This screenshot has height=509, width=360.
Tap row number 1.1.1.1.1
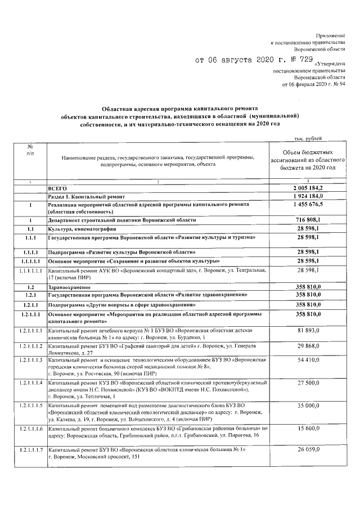(30, 271)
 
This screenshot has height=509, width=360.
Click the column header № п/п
(30, 149)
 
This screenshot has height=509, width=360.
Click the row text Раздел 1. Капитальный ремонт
(87, 195)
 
